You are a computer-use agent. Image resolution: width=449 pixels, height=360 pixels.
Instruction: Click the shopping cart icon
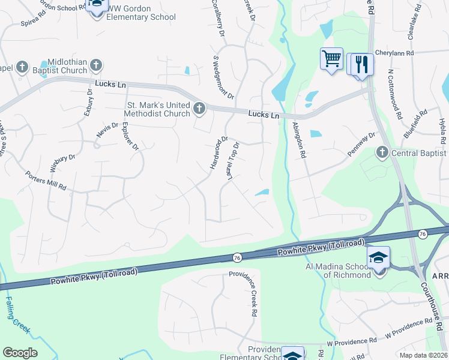point(331,59)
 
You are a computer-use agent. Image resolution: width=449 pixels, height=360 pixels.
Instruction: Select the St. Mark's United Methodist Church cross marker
point(199,109)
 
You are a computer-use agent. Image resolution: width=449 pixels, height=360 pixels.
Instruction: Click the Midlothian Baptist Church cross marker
point(96,65)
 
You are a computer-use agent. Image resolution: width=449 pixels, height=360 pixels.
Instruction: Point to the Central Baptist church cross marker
point(382,152)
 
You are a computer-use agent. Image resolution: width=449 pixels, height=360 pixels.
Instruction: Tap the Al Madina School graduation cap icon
point(379,258)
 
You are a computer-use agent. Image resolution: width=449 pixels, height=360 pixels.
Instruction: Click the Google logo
point(20,353)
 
